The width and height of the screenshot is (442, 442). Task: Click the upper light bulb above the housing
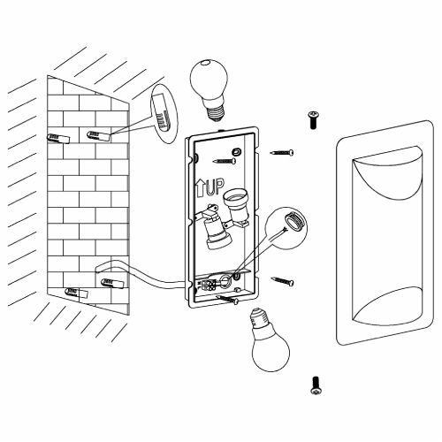click(x=210, y=88)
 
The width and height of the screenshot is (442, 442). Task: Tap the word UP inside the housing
click(x=215, y=187)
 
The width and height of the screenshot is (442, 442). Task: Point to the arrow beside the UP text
click(x=200, y=188)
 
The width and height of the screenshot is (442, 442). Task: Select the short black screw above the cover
click(x=314, y=119)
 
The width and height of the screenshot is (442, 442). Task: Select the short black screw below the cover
click(x=316, y=385)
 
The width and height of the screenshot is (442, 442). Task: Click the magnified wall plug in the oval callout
click(x=163, y=113)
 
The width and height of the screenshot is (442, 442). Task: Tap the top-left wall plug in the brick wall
click(x=58, y=138)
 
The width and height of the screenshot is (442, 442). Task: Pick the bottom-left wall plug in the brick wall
click(x=76, y=293)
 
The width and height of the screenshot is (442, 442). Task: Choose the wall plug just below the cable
click(x=112, y=283)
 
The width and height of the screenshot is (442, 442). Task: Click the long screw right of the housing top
click(x=282, y=153)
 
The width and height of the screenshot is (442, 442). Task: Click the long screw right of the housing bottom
click(x=282, y=281)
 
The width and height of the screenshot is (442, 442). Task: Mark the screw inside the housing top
click(x=225, y=161)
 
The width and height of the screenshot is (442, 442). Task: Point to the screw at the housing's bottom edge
click(x=227, y=299)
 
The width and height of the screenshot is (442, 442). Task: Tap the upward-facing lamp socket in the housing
click(x=235, y=207)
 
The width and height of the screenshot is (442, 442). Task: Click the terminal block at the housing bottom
click(x=209, y=285)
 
